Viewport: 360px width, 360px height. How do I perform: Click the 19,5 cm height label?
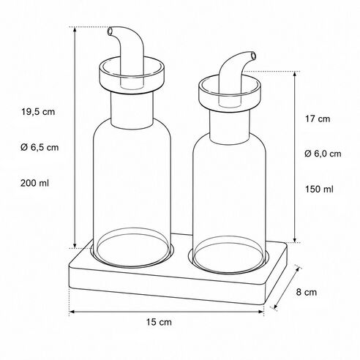[38, 112]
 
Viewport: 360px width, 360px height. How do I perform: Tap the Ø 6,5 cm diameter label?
[40, 147]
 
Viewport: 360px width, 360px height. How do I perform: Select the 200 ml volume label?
[34, 183]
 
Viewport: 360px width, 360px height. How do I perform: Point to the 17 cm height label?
[318, 119]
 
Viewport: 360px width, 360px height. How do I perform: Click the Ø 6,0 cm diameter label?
[323, 154]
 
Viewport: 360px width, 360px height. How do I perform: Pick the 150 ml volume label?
[319, 190]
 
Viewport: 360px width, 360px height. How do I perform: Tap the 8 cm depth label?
[307, 292]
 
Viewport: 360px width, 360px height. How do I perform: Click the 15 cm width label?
[159, 322]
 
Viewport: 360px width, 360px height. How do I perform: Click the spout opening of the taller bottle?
[110, 31]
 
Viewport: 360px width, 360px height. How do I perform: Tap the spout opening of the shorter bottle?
[254, 56]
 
